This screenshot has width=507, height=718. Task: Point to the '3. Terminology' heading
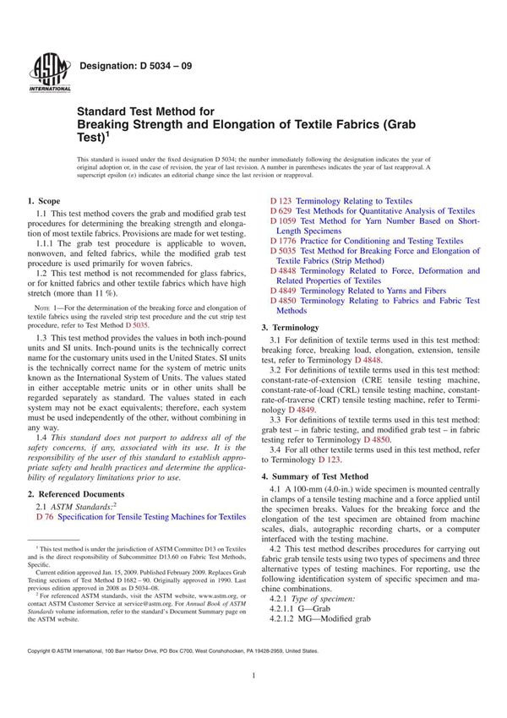tap(290, 327)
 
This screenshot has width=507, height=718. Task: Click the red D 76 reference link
tap(44, 516)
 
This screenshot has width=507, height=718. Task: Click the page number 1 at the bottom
tap(253, 700)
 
